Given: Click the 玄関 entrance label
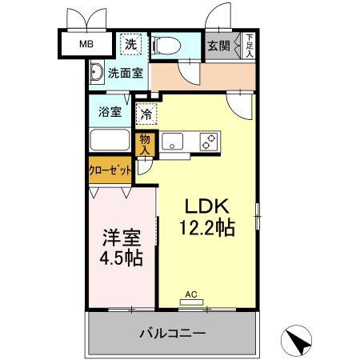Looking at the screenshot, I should coord(219,46).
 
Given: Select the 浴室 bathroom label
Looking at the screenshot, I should coord(110,112).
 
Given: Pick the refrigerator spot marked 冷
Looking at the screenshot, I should coord(146,114).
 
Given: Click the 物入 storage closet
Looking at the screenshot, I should coord(146,143).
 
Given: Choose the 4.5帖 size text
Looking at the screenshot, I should coord(121,258).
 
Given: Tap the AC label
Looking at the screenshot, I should coord(191,295).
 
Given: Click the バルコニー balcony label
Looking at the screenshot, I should coord(174,333).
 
